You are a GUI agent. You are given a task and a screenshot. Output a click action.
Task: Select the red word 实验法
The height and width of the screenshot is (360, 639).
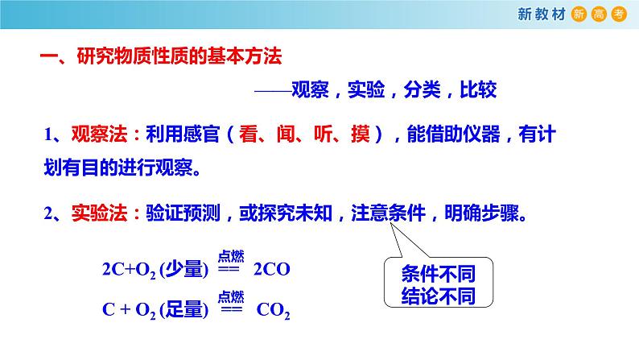[x=95, y=213]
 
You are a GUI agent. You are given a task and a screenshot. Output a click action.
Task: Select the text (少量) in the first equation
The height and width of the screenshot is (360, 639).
[x=184, y=270]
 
